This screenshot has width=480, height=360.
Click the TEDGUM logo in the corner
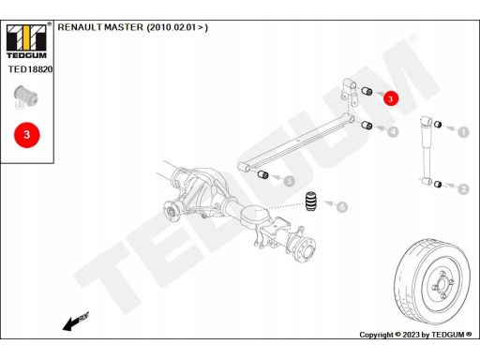point(26,41)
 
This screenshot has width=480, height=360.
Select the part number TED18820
point(30,69)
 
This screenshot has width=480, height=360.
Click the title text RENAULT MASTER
point(100,27)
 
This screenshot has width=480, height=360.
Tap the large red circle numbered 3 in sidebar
point(27,135)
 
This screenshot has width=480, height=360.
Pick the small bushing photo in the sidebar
point(26,97)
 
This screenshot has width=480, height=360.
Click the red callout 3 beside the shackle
point(390,98)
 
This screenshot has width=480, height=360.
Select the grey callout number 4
point(393,131)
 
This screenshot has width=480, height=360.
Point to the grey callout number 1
point(463,132)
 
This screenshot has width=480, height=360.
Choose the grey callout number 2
point(463,189)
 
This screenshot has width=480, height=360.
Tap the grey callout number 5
point(290,181)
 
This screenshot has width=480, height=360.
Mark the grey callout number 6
point(342,206)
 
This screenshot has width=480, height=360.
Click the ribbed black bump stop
point(311,201)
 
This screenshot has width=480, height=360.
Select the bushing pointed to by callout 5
point(263,174)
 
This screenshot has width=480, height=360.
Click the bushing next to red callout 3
point(367,91)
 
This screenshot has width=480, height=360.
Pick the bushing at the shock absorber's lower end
point(438,184)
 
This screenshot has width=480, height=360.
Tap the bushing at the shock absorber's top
point(438,124)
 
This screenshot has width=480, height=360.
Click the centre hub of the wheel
point(442,284)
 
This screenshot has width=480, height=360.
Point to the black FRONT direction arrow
point(76,322)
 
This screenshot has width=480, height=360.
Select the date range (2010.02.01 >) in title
point(177,27)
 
